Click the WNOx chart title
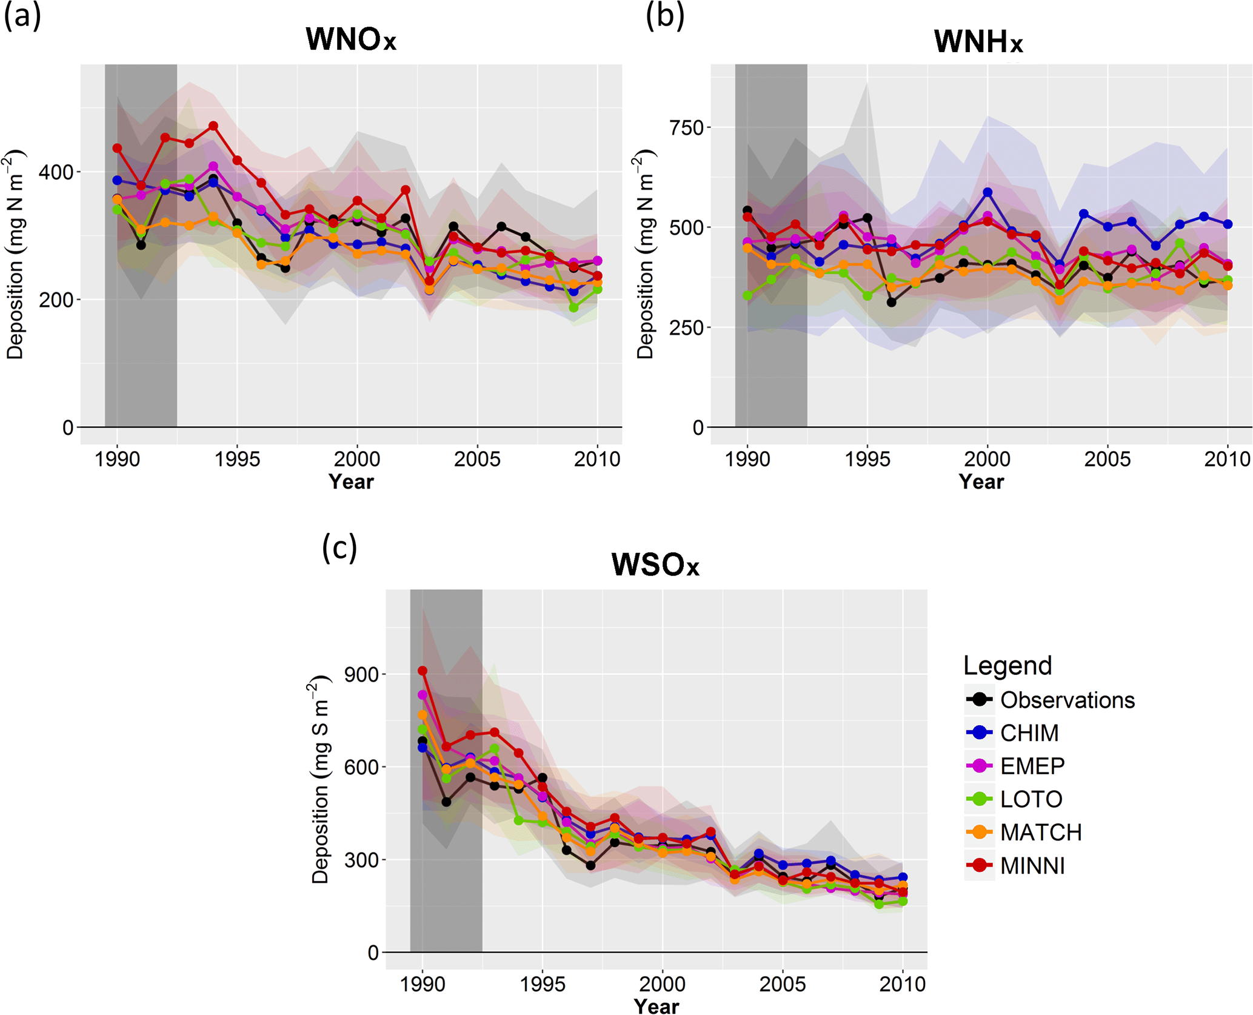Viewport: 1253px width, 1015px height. [350, 39]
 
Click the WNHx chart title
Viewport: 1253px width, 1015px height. [978, 41]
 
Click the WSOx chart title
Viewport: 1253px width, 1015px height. [655, 564]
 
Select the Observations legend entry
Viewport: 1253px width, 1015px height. [1067, 700]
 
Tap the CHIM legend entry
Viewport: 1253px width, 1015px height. [1029, 733]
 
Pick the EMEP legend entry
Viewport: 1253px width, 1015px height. [1032, 766]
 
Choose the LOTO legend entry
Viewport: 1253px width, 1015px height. [1031, 799]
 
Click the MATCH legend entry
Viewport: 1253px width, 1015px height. [1041, 832]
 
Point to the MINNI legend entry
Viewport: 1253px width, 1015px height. [1032, 865]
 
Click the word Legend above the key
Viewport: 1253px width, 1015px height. [1007, 666]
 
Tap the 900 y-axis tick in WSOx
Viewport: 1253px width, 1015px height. [361, 674]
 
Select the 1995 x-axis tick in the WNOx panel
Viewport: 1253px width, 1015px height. [237, 459]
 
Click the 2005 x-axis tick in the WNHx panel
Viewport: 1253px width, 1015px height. [1107, 459]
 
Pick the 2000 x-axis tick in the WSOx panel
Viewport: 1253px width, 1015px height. [662, 983]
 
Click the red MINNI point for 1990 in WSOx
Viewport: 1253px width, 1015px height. [423, 671]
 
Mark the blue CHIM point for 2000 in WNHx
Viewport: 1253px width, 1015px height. [987, 192]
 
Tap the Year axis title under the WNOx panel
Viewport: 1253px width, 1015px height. [351, 481]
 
